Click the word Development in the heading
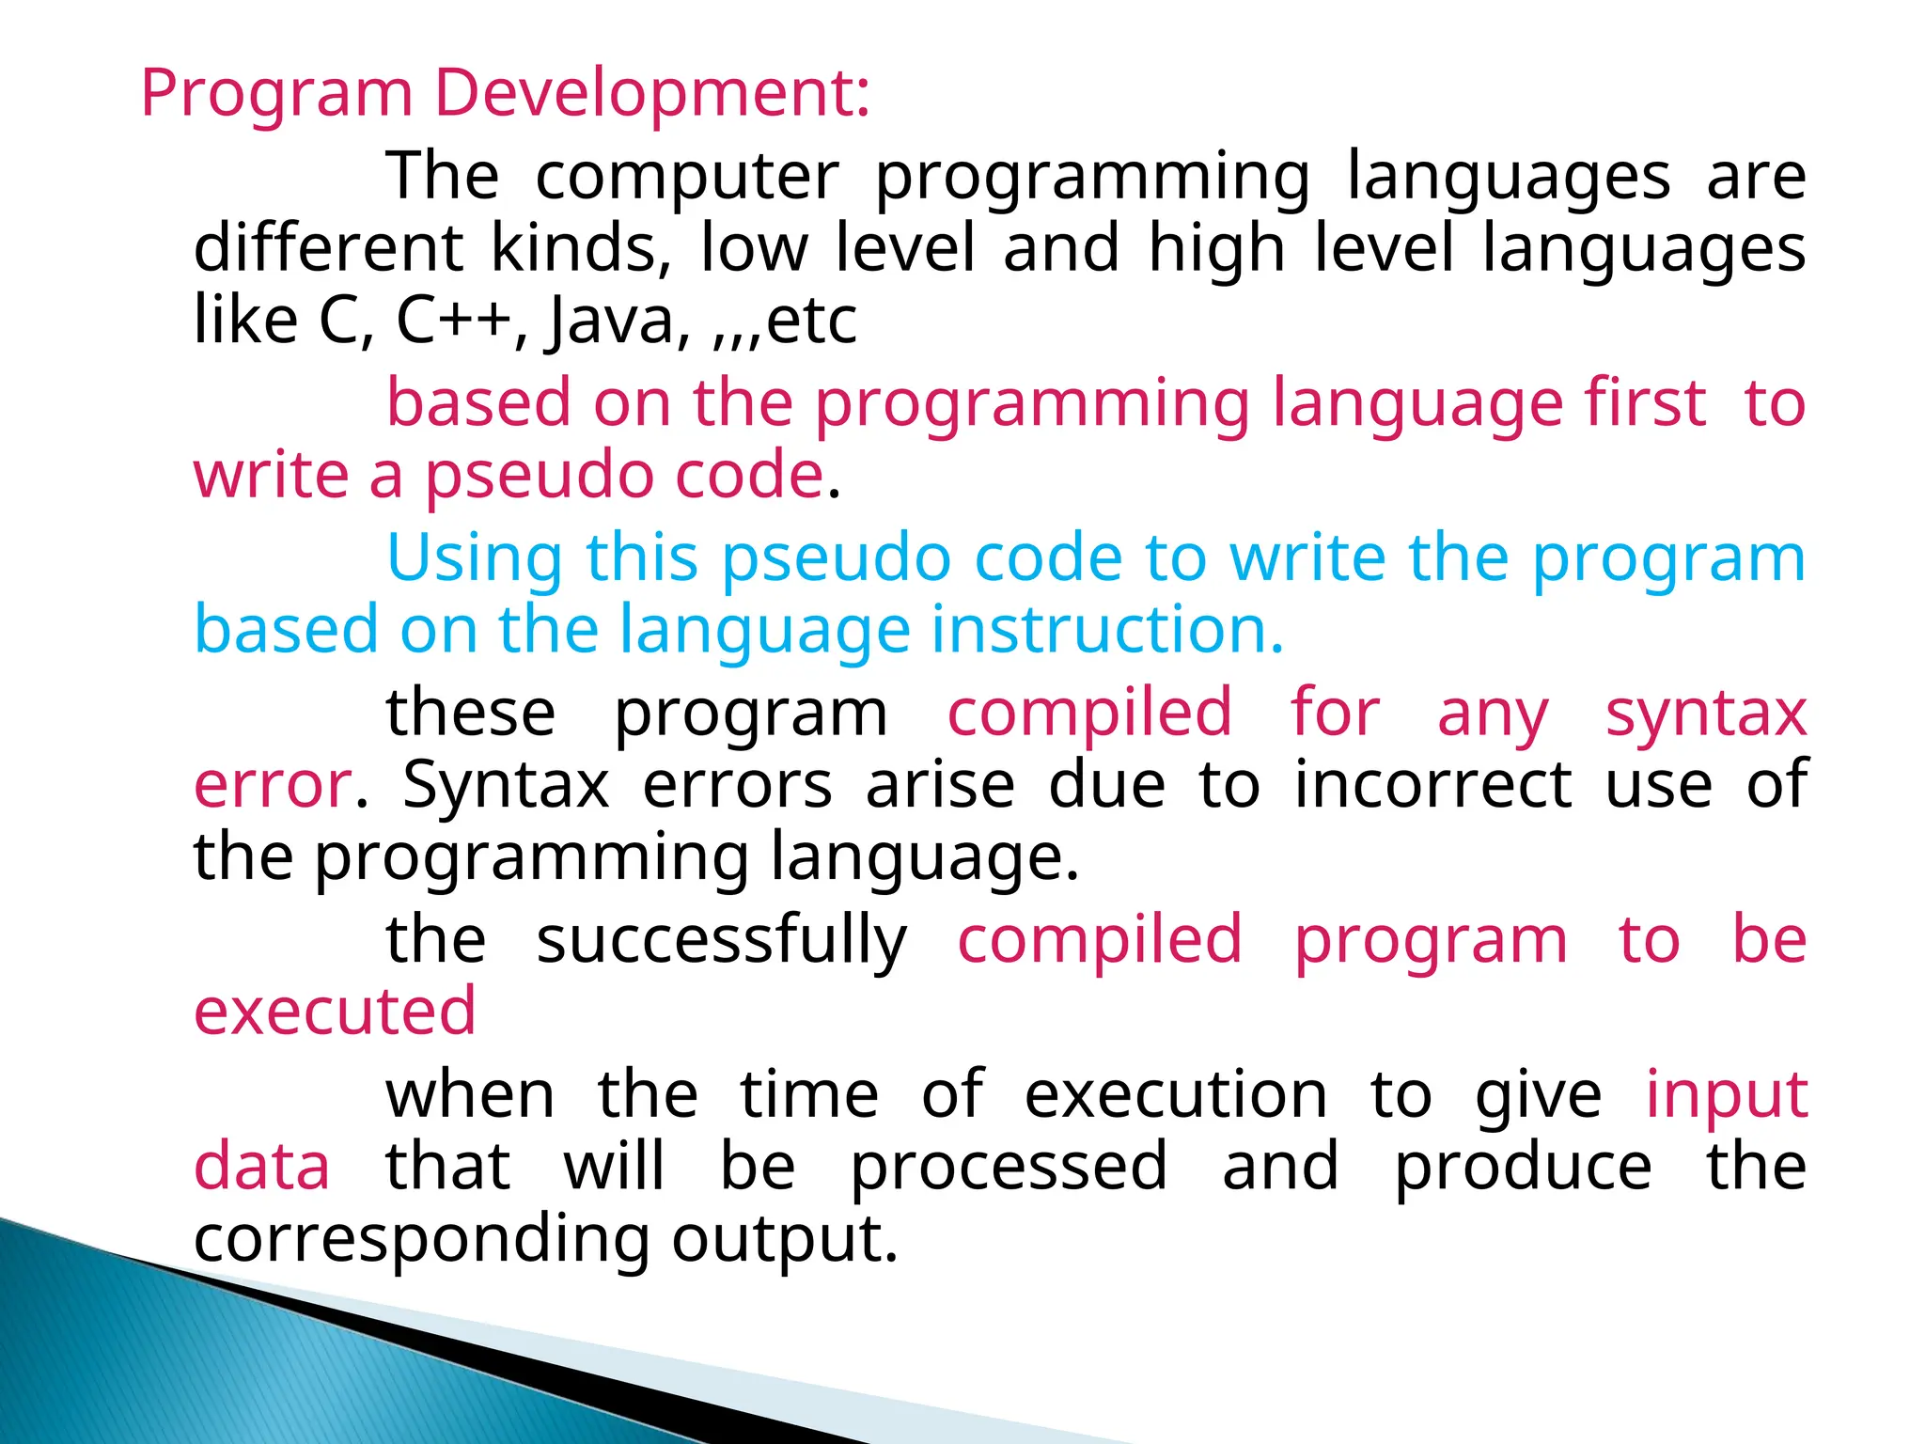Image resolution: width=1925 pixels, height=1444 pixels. pyautogui.click(x=651, y=94)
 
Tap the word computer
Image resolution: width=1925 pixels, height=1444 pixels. pyautogui.click(x=686, y=177)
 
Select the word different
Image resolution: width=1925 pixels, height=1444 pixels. pyautogui.click(x=328, y=248)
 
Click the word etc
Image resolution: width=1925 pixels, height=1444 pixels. pyautogui.click(x=811, y=321)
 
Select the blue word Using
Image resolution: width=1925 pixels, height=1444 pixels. pyautogui.click(x=475, y=558)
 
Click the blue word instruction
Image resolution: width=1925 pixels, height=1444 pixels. pyautogui.click(x=1106, y=629)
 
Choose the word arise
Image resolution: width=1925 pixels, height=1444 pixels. pyautogui.click(x=940, y=785)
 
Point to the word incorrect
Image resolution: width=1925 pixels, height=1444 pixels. pyautogui.click(x=1432, y=785)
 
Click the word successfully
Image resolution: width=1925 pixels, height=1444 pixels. pyautogui.click(x=721, y=940)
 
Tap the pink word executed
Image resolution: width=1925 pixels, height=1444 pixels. pyautogui.click(x=335, y=1012)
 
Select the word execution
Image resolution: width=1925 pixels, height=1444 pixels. pyautogui.click(x=1176, y=1095)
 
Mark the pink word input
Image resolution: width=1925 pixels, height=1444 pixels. pyautogui.click(x=1726, y=1096)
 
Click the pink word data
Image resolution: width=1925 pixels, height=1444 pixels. pyautogui.click(x=261, y=1167)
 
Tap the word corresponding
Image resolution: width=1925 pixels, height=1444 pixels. pyautogui.click(x=421, y=1240)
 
